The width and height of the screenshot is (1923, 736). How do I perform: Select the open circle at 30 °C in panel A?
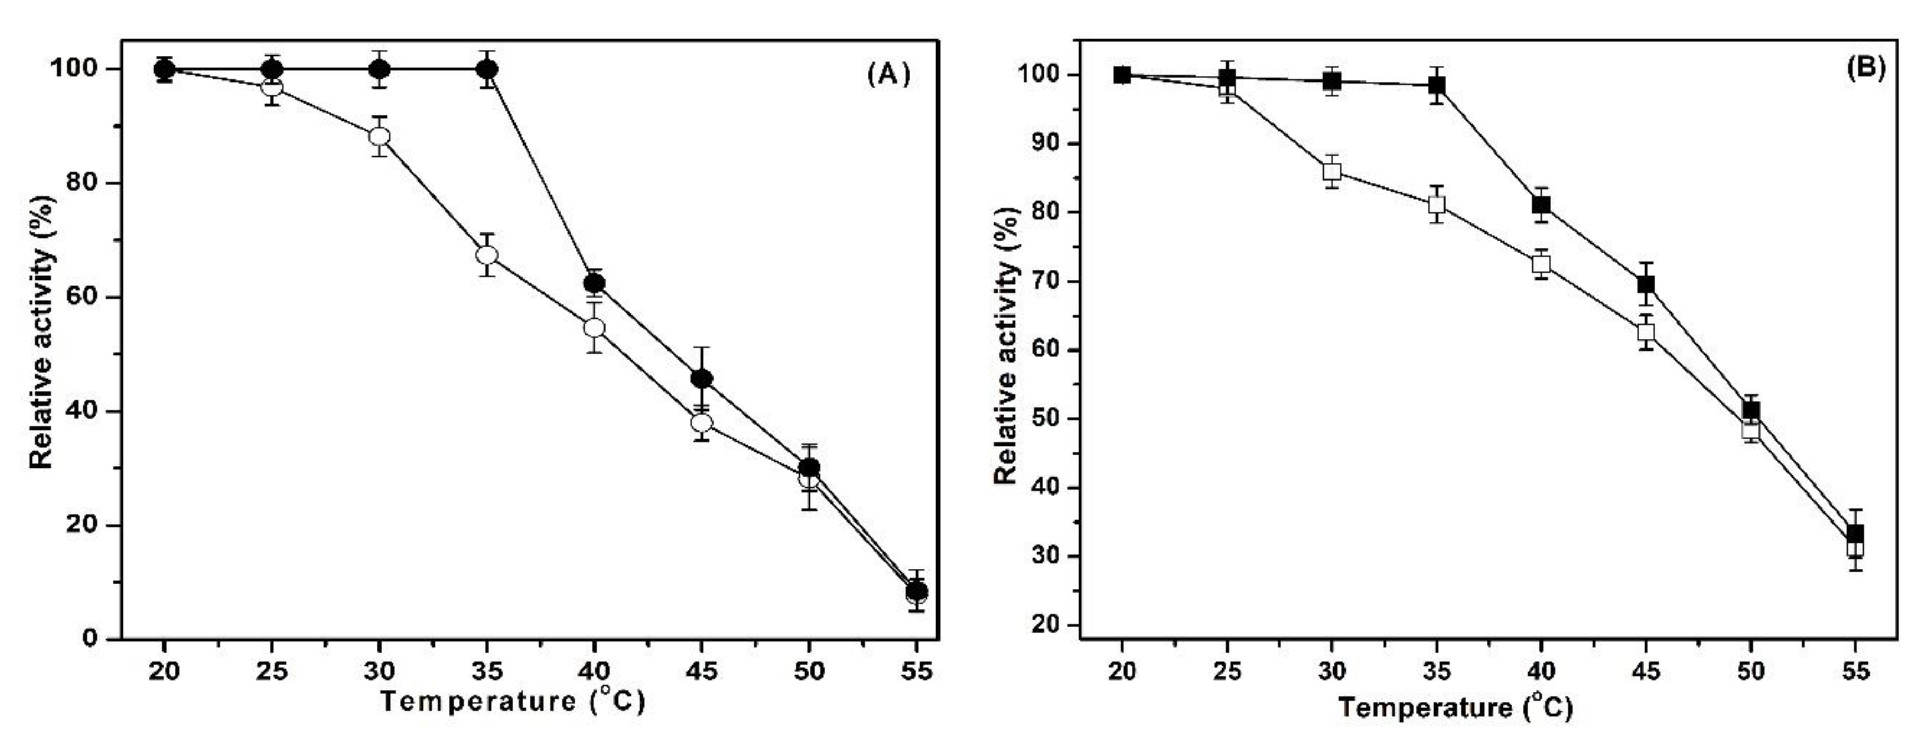[379, 136]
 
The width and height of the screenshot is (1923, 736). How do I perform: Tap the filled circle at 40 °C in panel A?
[594, 283]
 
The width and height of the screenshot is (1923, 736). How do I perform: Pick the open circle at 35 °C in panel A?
[487, 255]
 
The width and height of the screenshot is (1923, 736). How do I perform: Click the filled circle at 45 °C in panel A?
[702, 379]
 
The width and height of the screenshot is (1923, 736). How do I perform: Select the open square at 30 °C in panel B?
[1332, 172]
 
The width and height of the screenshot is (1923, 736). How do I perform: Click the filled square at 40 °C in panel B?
[1541, 204]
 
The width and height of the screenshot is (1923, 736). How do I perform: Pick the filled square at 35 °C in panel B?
[1436, 85]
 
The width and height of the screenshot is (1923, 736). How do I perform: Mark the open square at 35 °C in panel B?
[1436, 204]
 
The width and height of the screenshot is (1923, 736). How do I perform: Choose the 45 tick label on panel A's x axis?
[702, 671]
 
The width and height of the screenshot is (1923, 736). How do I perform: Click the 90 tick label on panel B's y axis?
[1042, 143]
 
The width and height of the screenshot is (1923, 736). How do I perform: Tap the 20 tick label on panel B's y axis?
[1042, 625]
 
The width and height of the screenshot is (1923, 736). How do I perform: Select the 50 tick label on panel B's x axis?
[1750, 671]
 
